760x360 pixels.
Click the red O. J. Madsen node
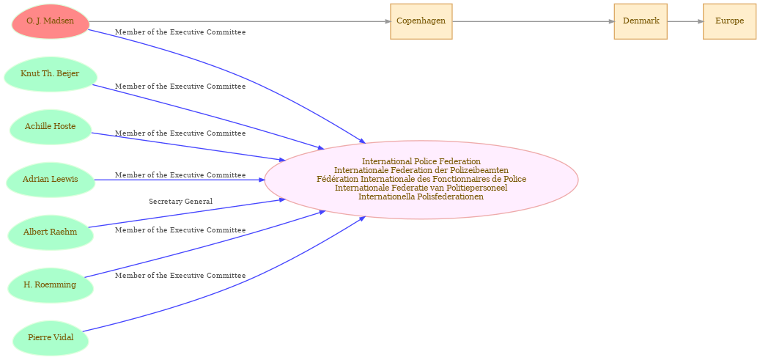pos(51,21)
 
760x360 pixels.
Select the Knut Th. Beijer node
pos(51,74)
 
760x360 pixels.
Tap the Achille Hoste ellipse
pos(51,127)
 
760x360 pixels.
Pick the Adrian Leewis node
pos(51,180)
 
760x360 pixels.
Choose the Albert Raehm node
pos(51,232)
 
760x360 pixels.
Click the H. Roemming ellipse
pos(51,284)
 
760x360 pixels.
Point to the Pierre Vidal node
pos(51,338)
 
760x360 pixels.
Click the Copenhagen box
pos(421,21)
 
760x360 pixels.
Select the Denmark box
pos(641,21)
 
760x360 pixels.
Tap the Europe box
pos(729,21)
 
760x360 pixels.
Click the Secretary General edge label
pos(181,202)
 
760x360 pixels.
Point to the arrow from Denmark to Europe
pos(685,21)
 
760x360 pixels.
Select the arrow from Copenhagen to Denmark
pos(533,21)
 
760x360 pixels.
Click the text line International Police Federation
pos(421,161)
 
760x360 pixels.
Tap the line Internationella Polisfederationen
pos(421,196)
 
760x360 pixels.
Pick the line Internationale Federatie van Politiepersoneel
pos(421,188)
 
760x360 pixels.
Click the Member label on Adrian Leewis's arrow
pos(180,175)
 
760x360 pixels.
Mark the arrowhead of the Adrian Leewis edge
pos(262,180)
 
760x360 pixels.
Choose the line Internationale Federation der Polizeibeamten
pos(421,170)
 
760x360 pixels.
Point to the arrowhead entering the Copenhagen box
pos(387,21)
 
